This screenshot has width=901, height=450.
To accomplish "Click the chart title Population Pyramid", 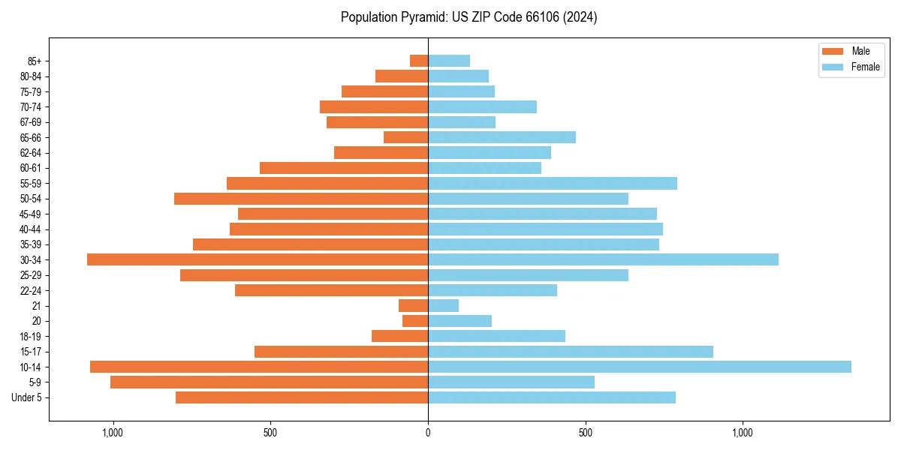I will tap(469, 17).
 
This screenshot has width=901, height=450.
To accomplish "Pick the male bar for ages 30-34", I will tap(258, 259).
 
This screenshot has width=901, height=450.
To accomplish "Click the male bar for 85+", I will tap(419, 61).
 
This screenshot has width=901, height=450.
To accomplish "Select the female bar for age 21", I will tap(443, 305).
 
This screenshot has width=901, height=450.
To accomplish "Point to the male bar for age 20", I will tap(415, 321).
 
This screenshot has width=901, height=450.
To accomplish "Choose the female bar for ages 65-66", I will tap(502, 137).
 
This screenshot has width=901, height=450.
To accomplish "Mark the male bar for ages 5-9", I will tap(269, 382).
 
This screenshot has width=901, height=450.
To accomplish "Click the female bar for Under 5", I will tap(552, 397).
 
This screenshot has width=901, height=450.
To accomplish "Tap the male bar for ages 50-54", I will tap(301, 199).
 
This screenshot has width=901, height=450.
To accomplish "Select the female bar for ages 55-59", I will tap(553, 183).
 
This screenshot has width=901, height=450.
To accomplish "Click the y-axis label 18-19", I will tap(30, 337).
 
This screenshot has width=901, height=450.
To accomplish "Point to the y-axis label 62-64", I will tap(30, 153).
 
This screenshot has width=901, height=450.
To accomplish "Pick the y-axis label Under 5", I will tap(27, 397).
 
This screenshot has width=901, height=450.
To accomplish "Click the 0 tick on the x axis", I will tap(428, 433).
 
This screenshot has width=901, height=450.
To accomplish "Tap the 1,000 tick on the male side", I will tap(113, 433).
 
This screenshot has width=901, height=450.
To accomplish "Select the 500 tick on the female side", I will tap(586, 433).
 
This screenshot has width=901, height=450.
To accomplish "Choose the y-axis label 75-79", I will tap(30, 91).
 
